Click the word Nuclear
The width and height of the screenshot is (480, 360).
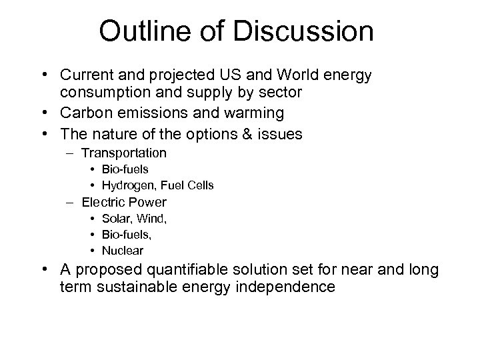(122, 251)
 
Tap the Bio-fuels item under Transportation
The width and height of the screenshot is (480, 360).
(125, 169)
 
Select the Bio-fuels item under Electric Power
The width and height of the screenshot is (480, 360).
(126, 235)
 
